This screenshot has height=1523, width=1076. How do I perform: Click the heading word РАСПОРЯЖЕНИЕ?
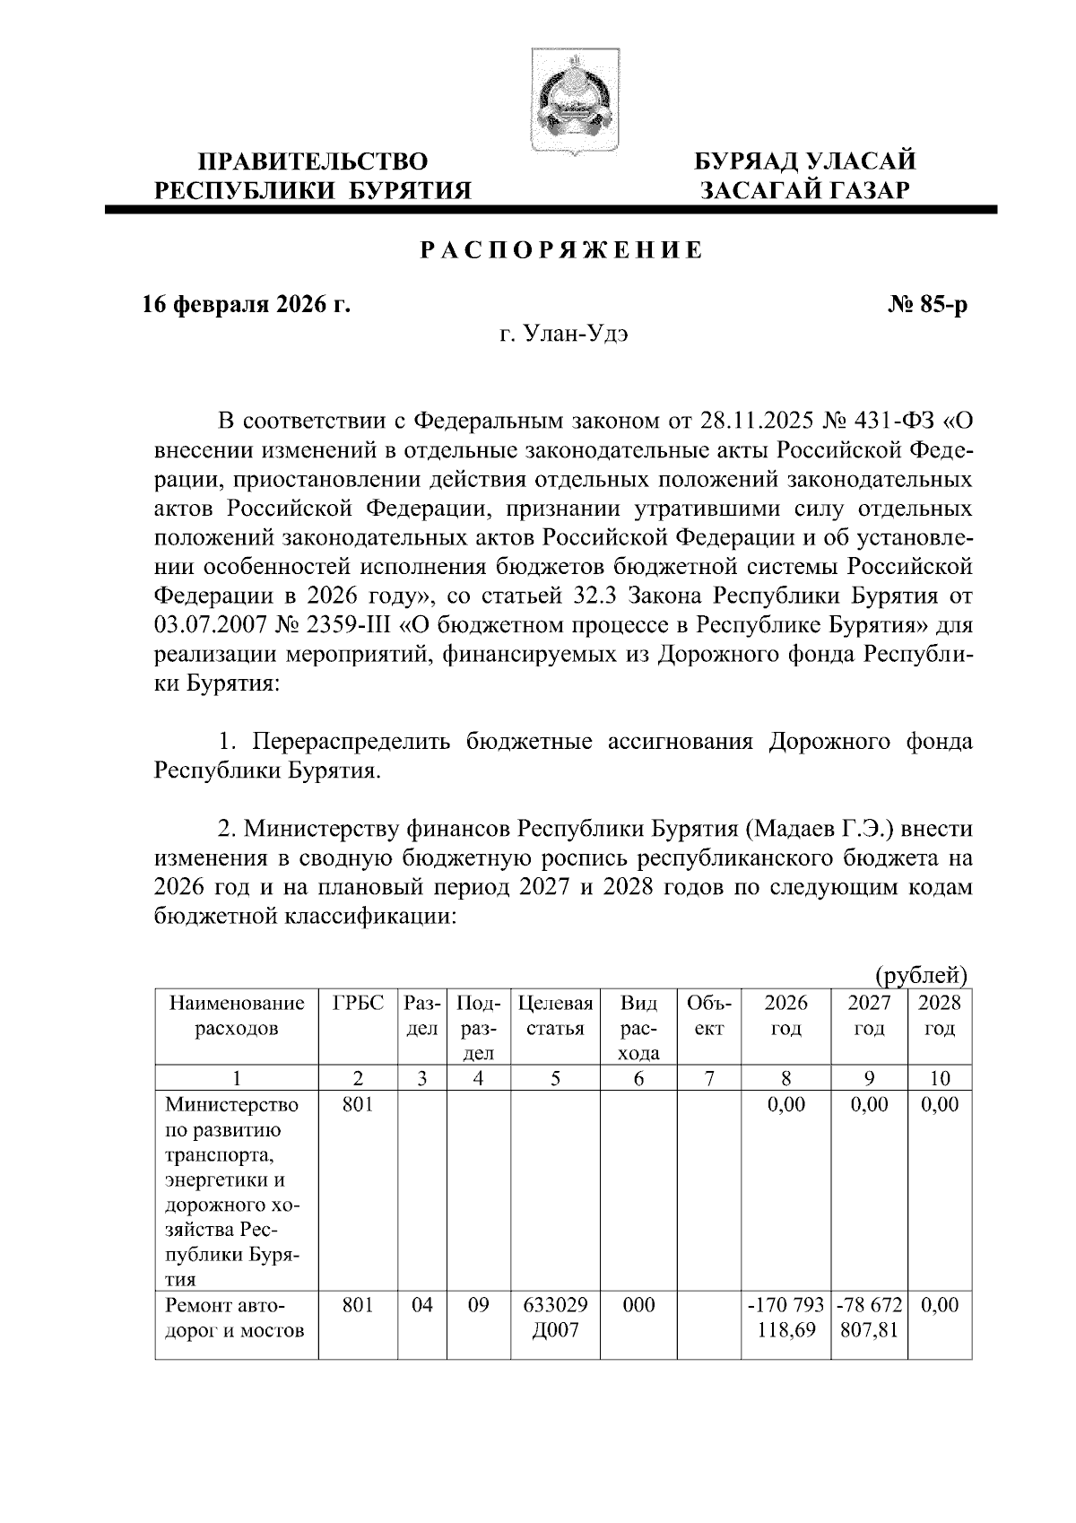point(562,252)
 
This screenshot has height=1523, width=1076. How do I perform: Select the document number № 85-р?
point(926,305)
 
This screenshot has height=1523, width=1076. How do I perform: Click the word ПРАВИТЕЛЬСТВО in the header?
point(313,162)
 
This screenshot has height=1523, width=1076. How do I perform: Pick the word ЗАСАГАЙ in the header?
point(751,190)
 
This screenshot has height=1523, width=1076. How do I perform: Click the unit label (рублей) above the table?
point(920,974)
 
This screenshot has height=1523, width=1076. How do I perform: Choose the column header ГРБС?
point(358,1003)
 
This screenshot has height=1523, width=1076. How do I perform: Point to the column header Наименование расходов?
point(237,1015)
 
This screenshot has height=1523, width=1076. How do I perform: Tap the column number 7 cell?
point(709,1078)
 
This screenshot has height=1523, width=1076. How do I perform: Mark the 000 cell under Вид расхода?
point(638,1306)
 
